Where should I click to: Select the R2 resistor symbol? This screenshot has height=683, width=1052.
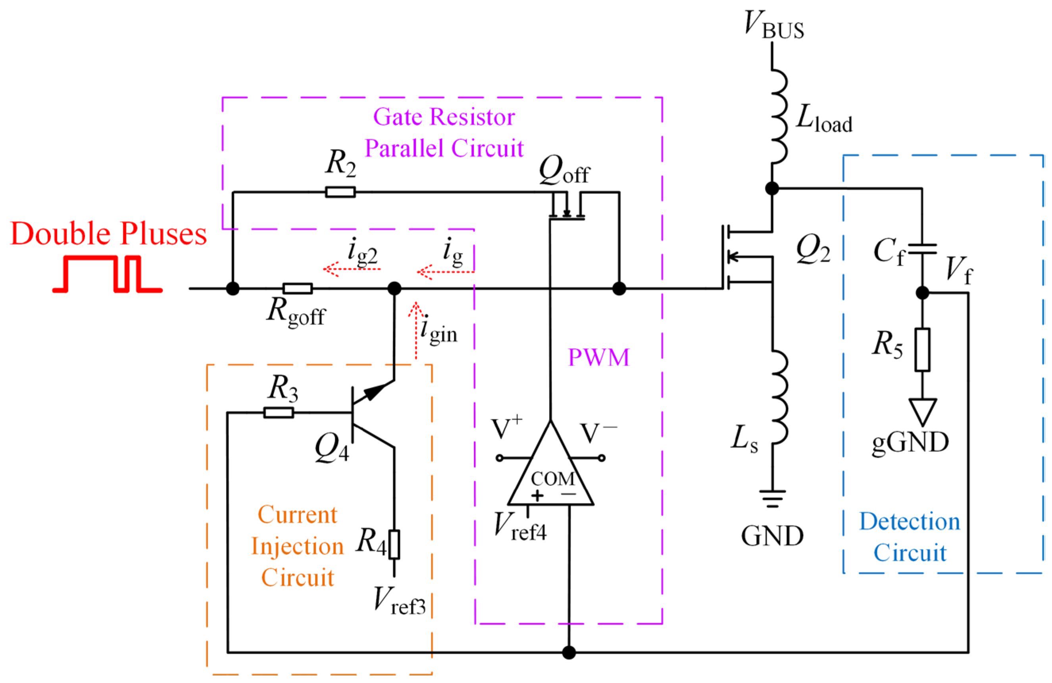coord(340,192)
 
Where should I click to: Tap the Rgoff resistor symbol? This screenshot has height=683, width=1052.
coord(298,288)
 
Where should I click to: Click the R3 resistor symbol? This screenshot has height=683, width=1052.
coord(279,412)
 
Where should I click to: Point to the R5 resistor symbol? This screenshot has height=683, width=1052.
coord(923,349)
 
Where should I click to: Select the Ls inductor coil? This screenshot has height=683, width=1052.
coord(779,397)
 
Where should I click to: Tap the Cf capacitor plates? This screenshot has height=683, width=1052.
coord(922,249)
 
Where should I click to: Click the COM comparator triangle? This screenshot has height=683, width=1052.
coord(550,473)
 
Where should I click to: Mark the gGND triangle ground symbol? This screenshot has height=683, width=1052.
coord(923,411)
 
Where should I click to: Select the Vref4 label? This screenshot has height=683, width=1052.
coord(520,527)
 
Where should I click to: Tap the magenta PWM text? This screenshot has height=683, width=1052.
coord(598,357)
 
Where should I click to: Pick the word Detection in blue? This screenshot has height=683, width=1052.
coord(910,522)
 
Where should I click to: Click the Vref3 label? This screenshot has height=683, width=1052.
coord(399,601)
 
